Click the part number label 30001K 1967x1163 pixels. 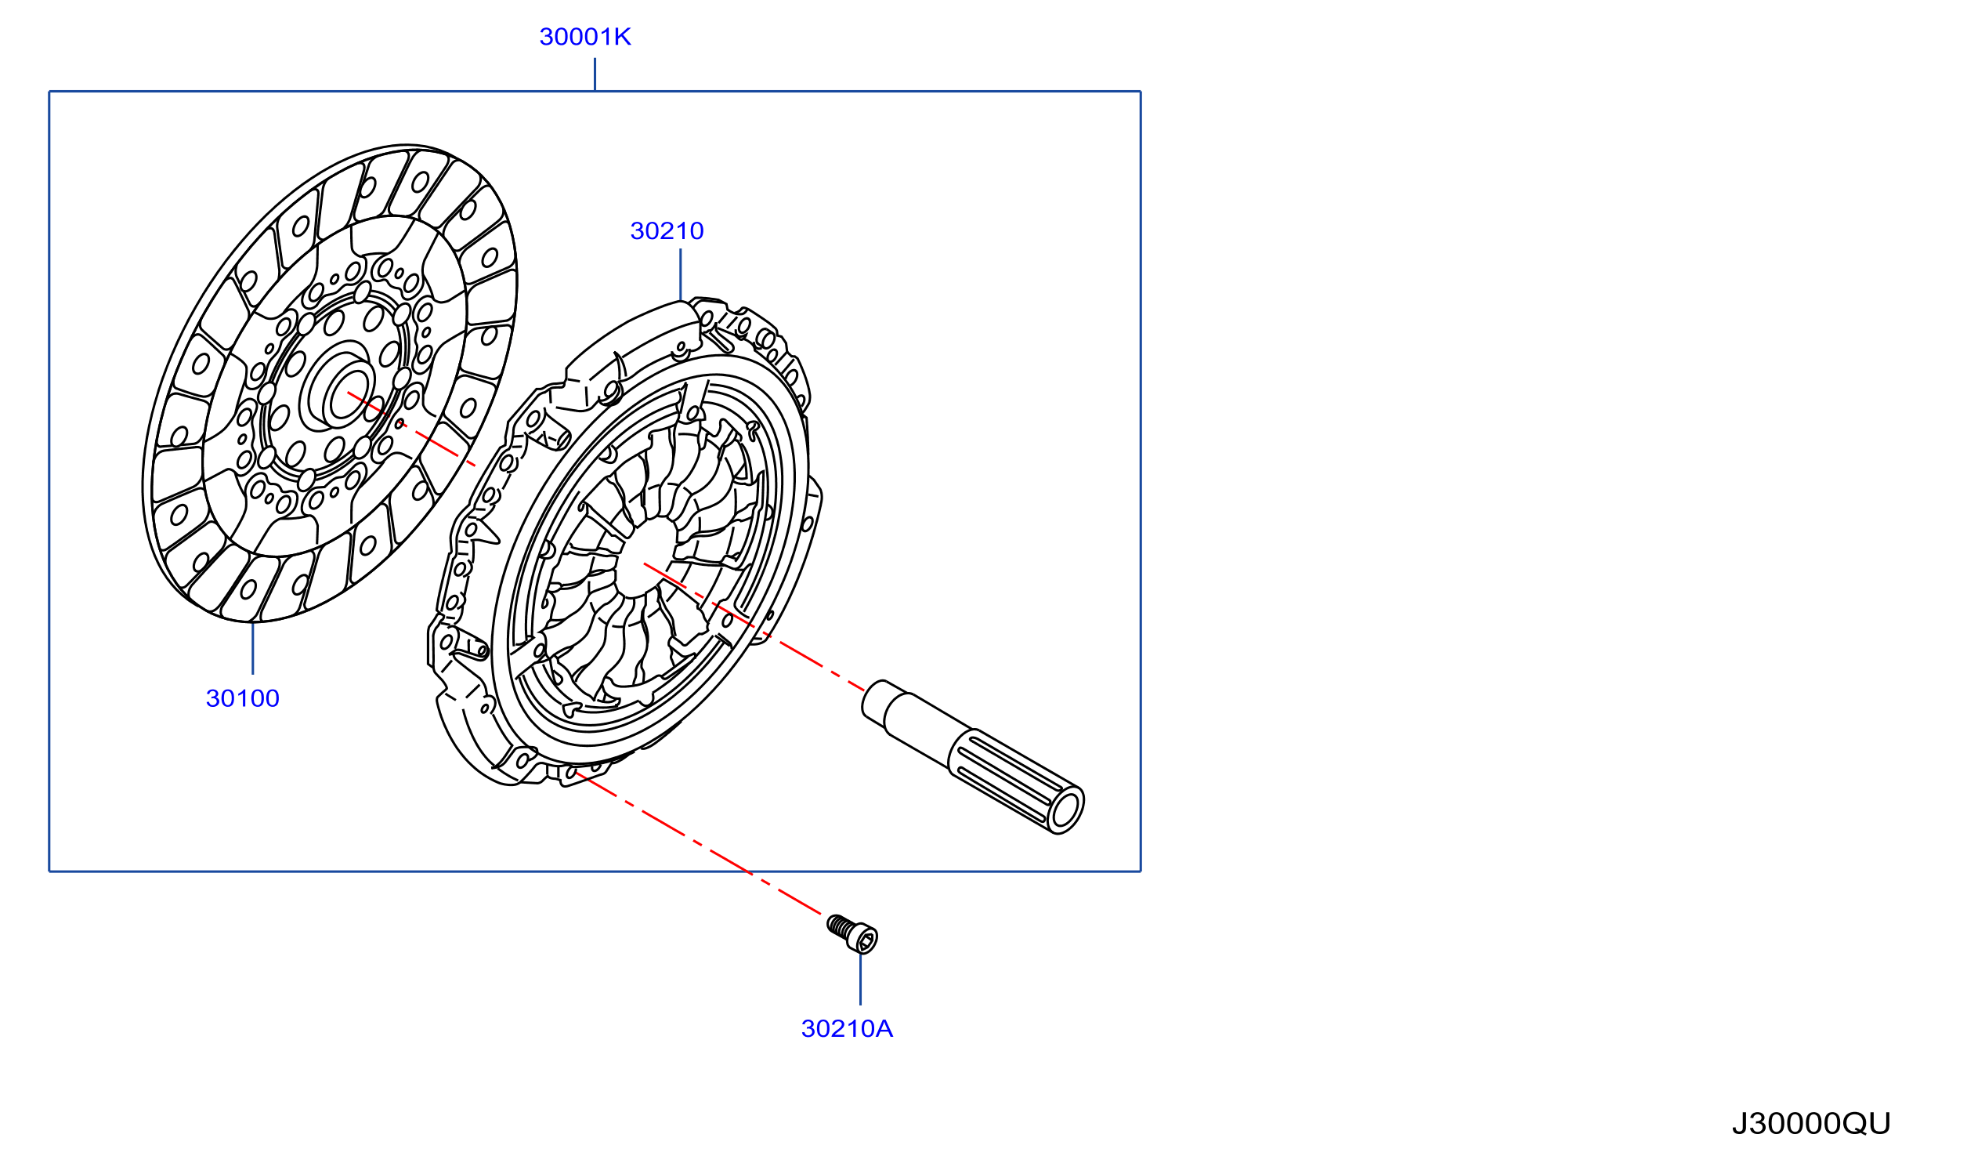(x=584, y=37)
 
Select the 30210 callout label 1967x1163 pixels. (x=667, y=231)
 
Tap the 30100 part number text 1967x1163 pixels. (x=242, y=698)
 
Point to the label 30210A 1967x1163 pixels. (x=847, y=1029)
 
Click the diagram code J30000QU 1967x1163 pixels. (x=1810, y=1124)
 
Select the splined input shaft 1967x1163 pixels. (x=973, y=756)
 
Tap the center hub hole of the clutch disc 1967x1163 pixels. (x=346, y=399)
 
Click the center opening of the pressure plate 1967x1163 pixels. (x=645, y=557)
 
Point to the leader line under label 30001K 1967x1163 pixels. (x=595, y=74)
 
